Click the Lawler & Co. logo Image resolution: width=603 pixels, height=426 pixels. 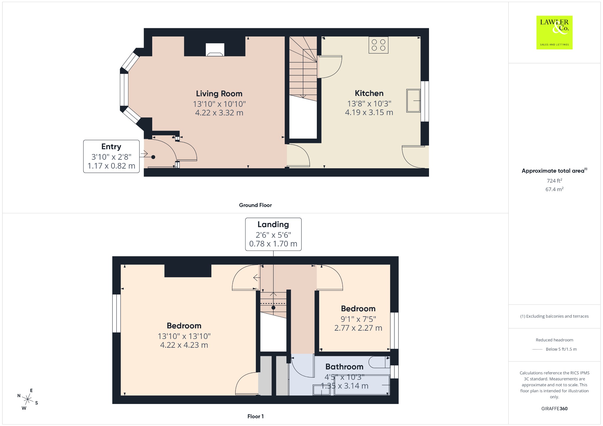[554, 32]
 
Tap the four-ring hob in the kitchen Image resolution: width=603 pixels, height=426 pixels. [378, 45]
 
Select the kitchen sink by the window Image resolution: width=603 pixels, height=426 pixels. [413, 101]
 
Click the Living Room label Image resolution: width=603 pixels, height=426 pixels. [219, 94]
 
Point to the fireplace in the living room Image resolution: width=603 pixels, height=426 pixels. [215, 50]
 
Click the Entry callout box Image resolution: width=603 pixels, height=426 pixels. [111, 156]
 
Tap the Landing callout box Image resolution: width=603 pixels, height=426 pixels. [273, 234]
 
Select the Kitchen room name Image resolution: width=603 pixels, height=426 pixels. [369, 93]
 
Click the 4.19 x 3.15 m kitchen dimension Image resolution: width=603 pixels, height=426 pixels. [369, 112]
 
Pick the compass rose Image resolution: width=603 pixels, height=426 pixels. [28, 399]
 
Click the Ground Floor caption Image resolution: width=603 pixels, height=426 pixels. [255, 205]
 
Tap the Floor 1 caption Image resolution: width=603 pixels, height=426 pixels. [256, 416]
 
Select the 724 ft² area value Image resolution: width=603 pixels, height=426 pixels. [554, 181]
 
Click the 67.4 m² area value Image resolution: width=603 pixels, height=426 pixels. [554, 189]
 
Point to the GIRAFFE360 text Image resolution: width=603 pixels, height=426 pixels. [554, 409]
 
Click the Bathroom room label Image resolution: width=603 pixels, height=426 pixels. [344, 367]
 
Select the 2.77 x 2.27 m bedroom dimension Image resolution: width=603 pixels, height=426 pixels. [358, 328]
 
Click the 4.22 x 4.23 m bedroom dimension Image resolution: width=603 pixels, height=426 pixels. [184, 345]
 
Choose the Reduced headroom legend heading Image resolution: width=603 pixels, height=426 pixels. [554, 340]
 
